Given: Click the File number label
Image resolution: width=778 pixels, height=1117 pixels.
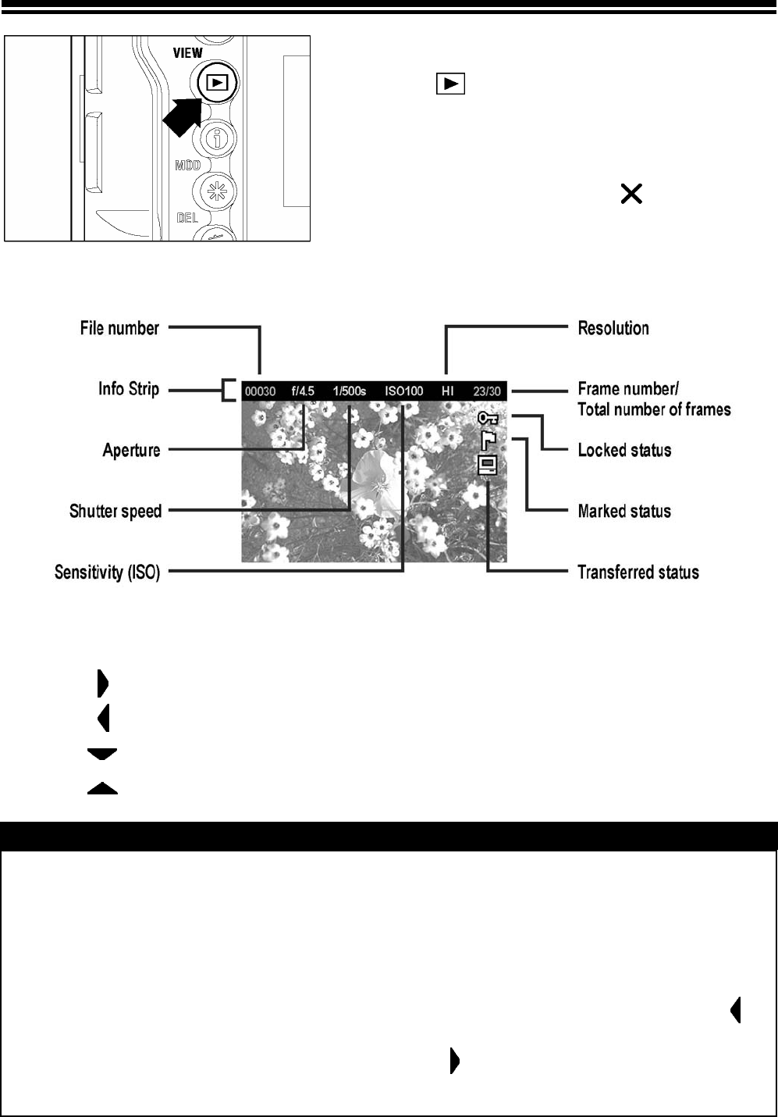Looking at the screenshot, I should [119, 328].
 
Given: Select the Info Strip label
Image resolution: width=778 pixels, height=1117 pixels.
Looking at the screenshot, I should [129, 389].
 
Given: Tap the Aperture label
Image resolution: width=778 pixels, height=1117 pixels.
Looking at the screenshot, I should [131, 450].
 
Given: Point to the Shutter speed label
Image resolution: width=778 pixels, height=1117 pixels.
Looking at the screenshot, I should [115, 512].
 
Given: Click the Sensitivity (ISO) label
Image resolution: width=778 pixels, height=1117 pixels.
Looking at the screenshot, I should [107, 573].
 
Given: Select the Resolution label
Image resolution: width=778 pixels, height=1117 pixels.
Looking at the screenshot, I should [613, 328].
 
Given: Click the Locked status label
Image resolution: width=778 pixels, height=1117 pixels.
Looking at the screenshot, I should [624, 450].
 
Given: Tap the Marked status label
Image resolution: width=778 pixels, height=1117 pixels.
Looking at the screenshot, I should [624, 512].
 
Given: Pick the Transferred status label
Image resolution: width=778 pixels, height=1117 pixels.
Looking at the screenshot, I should [638, 573].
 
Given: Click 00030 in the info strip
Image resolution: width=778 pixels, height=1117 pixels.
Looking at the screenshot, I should [261, 391].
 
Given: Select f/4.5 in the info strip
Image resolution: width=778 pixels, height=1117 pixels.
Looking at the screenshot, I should [303, 391].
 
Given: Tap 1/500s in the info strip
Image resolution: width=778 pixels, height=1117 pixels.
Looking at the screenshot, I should [349, 391].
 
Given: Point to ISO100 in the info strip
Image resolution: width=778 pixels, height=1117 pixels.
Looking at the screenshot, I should [403, 391].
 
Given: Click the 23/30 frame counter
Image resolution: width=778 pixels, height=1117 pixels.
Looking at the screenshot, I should [487, 391].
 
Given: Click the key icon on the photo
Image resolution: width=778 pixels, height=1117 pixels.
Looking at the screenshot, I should [488, 420].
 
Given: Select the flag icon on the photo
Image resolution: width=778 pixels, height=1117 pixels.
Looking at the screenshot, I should [488, 441].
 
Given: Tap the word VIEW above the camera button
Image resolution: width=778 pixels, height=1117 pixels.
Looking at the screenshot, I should [187, 53].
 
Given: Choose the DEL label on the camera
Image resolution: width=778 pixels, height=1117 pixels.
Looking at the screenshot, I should [187, 218].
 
